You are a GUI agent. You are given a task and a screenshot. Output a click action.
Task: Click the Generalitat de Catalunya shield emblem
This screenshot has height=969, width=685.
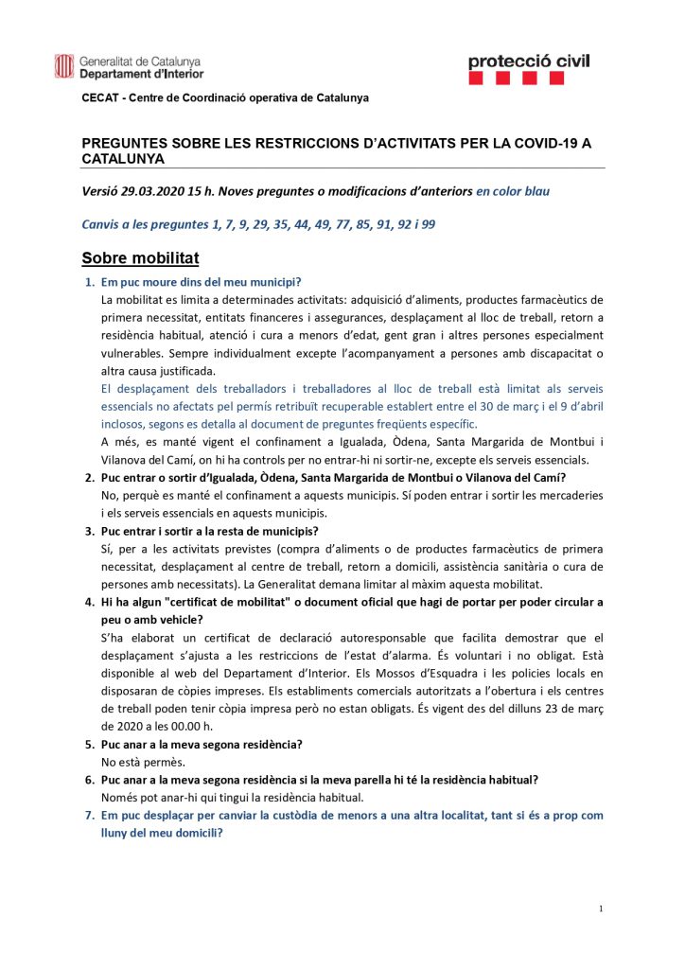click(64, 65)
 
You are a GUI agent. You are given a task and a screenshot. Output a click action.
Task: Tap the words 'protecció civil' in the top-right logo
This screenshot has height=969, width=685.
click(528, 62)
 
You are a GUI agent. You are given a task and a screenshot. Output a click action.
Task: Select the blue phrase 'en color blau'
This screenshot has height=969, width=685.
click(512, 190)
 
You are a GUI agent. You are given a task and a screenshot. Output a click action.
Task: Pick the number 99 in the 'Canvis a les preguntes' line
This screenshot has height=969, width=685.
click(428, 224)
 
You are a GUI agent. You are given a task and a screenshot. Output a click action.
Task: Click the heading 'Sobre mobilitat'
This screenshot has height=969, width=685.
click(140, 257)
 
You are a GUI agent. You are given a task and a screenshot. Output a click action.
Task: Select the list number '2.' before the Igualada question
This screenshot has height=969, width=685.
click(91, 477)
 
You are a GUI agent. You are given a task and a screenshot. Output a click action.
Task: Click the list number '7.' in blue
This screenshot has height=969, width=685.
click(91, 814)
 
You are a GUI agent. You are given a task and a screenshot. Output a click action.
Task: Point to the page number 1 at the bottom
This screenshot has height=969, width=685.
click(601, 908)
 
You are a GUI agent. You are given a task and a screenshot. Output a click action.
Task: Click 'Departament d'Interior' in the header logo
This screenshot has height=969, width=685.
click(141, 73)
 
